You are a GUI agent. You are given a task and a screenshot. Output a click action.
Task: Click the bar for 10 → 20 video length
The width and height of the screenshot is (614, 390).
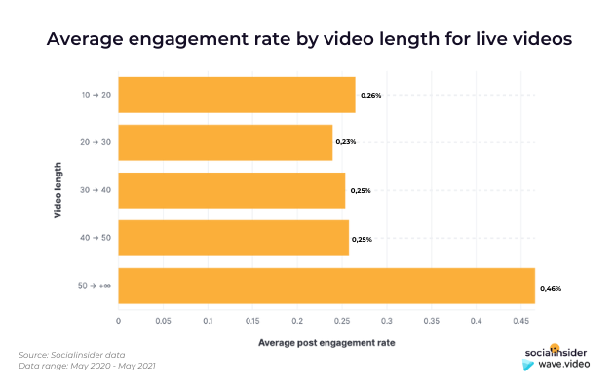pos(236,95)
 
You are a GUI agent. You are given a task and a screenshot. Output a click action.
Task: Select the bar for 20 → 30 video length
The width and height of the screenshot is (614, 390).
pos(225,142)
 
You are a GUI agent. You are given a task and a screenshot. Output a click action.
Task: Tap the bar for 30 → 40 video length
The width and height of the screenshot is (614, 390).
pos(231,190)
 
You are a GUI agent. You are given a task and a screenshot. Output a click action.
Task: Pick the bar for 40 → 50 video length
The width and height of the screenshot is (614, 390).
pos(233,238)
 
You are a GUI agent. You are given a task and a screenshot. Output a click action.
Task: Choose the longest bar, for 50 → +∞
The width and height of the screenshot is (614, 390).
pos(326,286)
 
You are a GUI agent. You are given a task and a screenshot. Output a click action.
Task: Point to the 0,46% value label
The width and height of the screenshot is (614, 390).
pos(551,288)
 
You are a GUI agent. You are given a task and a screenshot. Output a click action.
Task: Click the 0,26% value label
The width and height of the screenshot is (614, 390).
pos(370,96)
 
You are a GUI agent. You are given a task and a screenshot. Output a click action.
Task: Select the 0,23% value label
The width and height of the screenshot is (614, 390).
pos(346,142)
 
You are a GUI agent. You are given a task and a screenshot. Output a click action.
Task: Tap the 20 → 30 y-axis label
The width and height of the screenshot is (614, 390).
pos(96,142)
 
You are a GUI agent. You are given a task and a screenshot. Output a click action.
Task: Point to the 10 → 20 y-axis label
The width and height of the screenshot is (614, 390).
pos(96,95)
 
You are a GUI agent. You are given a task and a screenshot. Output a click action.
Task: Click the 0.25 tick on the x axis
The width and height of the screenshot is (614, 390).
pos(342,319)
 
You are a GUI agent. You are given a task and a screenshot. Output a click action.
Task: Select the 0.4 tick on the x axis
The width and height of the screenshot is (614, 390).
pos(476,319)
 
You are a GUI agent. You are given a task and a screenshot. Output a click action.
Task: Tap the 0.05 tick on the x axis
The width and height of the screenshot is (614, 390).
pos(163,319)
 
